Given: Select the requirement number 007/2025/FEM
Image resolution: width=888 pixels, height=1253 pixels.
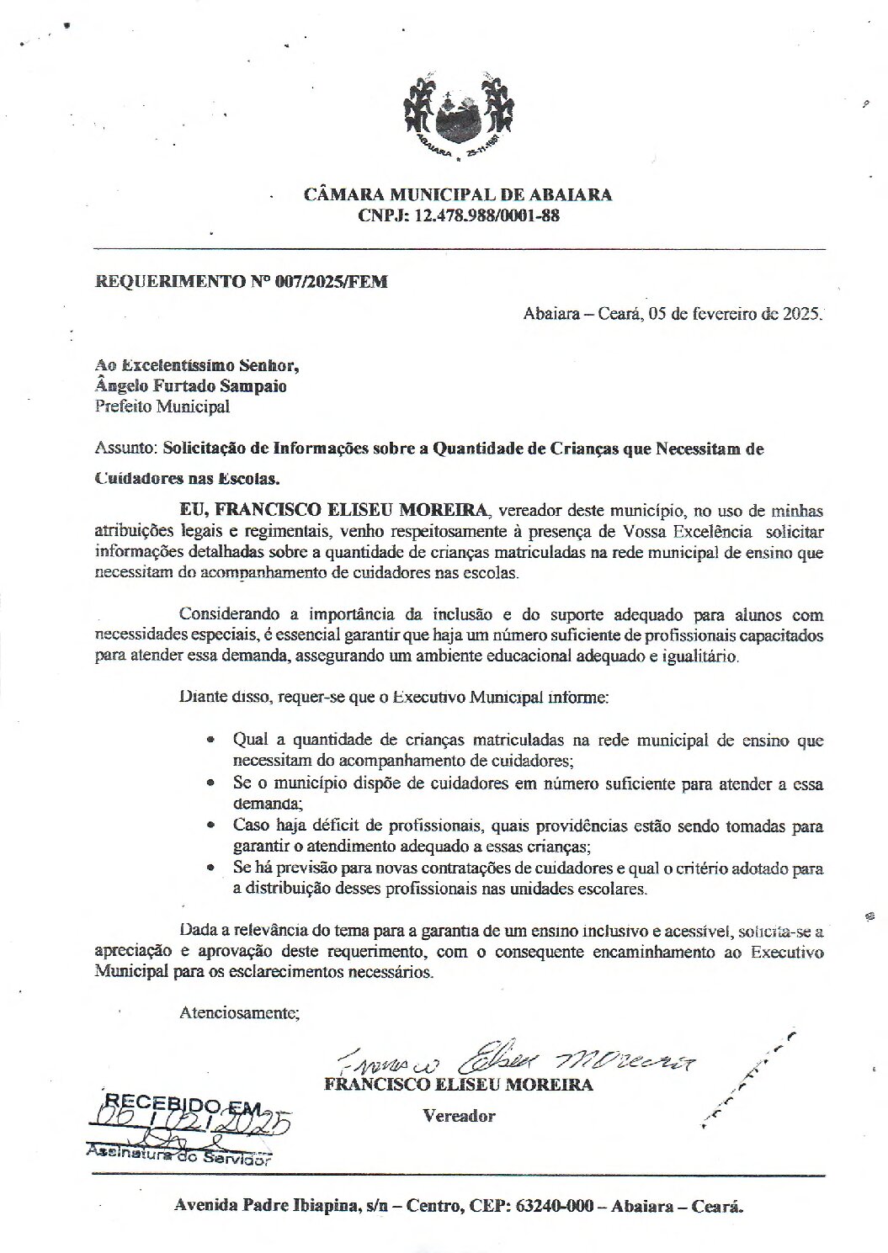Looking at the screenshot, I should click(338, 283).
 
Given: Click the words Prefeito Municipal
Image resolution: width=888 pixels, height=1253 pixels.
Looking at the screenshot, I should click(162, 407).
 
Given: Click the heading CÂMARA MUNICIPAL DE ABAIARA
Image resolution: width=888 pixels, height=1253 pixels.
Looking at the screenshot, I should click(458, 194).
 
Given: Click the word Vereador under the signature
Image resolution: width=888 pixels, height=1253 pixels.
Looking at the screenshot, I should click(459, 1116).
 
